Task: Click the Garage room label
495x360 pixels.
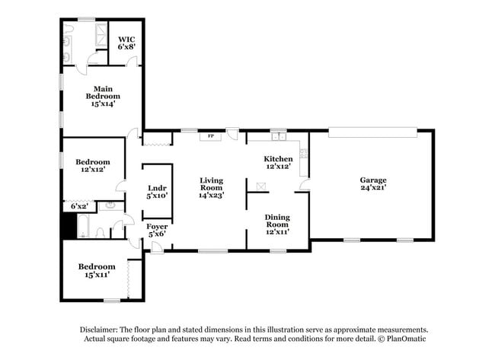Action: coord(372,180)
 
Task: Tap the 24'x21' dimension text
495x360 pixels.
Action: coord(372,190)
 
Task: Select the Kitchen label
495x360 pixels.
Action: coord(279,158)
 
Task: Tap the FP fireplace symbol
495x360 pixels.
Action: coord(206,137)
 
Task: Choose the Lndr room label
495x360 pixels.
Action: coord(157,187)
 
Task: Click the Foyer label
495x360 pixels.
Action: coord(157,226)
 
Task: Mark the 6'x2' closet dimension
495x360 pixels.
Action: coord(79,206)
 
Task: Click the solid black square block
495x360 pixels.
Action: coord(69,226)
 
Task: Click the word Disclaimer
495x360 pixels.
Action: coord(103,330)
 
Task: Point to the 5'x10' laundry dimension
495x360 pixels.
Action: coord(157,196)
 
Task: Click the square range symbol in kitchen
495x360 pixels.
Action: coord(263,185)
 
